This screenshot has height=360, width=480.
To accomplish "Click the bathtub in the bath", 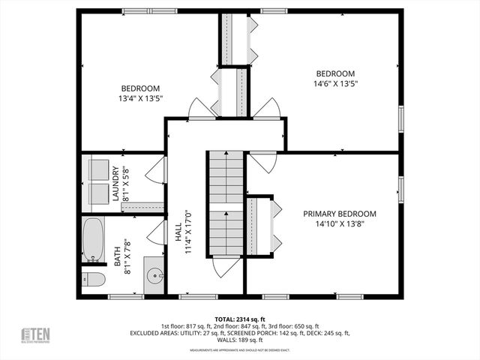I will (x=94, y=240).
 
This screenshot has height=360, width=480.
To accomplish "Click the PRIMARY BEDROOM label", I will (x=340, y=214).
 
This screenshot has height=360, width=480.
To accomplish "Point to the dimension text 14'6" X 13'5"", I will (x=334, y=84).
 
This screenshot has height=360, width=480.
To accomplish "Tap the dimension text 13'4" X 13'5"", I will (x=140, y=98).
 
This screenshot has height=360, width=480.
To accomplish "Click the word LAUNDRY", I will (x=116, y=184).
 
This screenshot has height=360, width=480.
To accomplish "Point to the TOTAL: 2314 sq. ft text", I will (x=239, y=319).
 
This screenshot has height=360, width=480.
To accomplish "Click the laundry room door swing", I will (x=154, y=172).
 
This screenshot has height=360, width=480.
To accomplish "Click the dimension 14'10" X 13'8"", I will (x=340, y=223).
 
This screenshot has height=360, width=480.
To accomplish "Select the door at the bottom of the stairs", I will (x=225, y=266).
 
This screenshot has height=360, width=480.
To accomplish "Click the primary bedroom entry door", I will (x=263, y=163).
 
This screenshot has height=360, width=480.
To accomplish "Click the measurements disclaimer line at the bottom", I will (x=239, y=350).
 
